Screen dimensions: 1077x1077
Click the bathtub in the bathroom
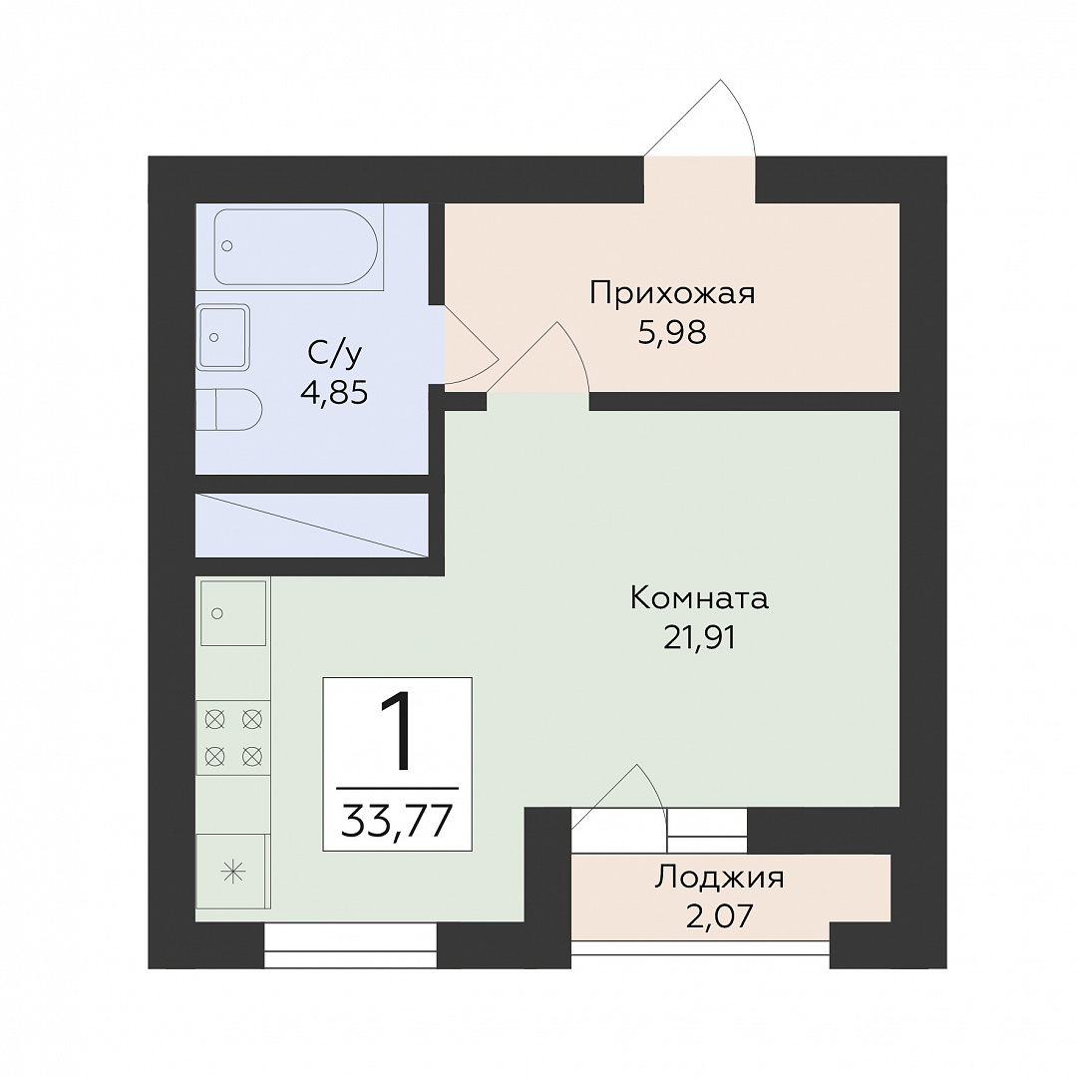(295, 246)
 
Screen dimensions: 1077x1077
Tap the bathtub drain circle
(227, 246)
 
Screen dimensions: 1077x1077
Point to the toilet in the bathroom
(228, 410)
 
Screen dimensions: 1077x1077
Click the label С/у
(334, 354)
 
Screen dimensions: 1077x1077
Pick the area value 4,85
(334, 394)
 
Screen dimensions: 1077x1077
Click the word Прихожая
(672, 294)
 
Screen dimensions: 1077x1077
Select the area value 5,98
(672, 334)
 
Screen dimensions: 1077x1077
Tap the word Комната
(699, 599)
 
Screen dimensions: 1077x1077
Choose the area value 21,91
(699, 639)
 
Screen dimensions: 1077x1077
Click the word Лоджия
(719, 878)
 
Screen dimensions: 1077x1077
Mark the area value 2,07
(720, 915)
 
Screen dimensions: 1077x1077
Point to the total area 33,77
(398, 819)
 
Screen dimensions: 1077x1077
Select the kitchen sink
(232, 612)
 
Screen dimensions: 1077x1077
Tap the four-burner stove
(233, 738)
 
